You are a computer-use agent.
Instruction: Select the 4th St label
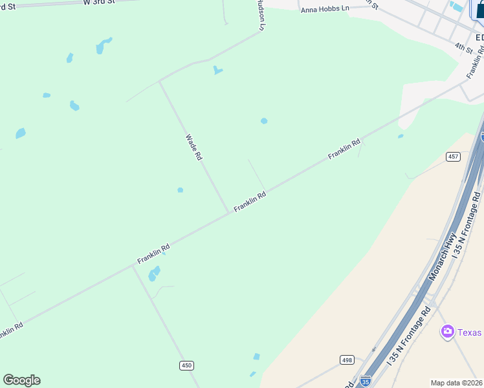pos(463,48)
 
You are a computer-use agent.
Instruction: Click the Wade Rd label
pos(194,147)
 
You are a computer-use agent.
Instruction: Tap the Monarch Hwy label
pos(444,257)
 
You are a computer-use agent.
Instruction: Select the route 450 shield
pos(186,365)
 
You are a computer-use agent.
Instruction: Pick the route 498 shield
pos(347,360)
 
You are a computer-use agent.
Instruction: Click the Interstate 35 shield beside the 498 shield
pos(366,381)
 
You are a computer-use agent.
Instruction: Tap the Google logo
pos(21,380)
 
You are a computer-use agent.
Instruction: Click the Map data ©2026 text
pos(457,383)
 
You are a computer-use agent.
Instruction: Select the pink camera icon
pos(447,332)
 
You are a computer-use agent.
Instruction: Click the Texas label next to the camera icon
pos(470,332)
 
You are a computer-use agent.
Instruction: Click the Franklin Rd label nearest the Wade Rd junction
pos(250,202)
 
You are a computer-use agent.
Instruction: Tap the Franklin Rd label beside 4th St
pos(476,63)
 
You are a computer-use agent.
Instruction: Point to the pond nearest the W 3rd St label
pos(104,45)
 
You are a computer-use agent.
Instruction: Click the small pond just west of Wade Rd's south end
pos(181,190)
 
